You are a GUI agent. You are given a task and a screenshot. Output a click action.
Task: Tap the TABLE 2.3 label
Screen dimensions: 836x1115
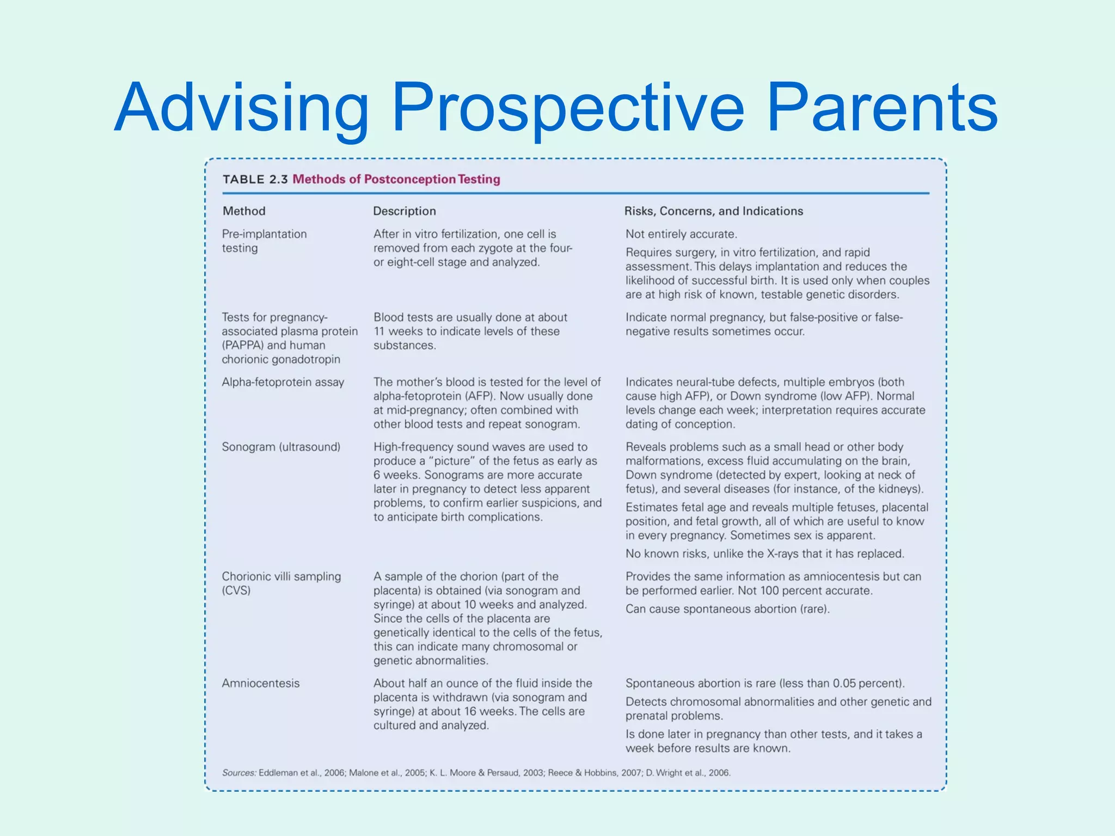[255, 180]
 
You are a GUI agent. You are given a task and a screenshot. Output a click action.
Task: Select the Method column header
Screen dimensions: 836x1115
[244, 211]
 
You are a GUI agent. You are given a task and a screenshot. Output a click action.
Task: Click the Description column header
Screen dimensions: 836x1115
[405, 211]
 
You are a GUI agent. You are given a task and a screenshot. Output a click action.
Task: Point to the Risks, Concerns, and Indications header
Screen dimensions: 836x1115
[713, 211]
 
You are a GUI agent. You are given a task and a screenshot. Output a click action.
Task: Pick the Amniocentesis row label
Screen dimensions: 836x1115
[261, 684]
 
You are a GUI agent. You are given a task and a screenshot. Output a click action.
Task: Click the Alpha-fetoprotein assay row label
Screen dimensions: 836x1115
[283, 383]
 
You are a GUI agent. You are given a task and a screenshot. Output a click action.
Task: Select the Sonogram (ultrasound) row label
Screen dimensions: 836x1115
[281, 447]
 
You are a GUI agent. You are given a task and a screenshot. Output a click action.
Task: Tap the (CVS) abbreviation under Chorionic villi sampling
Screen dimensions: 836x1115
[236, 591]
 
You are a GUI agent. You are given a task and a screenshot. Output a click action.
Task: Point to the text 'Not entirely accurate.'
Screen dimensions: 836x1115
[681, 235]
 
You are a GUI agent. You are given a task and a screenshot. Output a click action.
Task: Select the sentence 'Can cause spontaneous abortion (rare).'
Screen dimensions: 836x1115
[727, 609]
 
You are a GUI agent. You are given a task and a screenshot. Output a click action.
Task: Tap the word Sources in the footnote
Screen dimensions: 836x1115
[238, 773]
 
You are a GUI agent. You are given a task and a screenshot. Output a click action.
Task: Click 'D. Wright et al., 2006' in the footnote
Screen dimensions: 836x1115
[688, 773]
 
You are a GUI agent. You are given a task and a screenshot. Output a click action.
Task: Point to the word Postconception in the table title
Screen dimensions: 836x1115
[409, 180]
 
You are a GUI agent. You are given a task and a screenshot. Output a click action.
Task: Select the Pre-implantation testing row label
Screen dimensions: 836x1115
[264, 241]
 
